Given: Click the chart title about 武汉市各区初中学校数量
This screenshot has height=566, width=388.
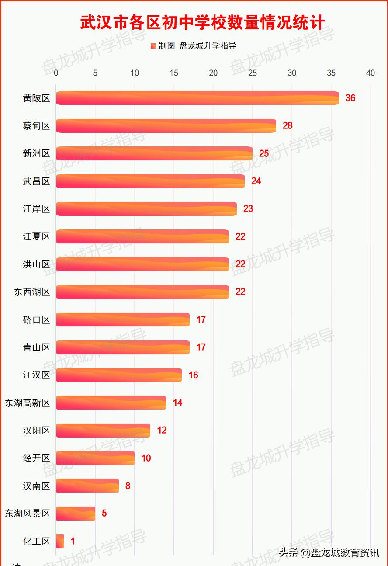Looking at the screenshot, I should (202, 23).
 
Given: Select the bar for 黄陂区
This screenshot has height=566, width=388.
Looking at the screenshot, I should (197, 98).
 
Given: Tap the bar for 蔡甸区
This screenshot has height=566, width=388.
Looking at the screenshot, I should (166, 126).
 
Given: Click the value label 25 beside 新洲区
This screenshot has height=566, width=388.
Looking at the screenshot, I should (264, 153).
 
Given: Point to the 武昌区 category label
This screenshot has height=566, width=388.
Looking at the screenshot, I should (37, 181).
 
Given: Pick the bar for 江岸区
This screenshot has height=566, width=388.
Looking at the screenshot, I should (146, 209).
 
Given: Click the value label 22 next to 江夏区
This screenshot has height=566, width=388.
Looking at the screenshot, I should (240, 236).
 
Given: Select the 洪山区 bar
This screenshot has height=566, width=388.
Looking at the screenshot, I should (142, 264).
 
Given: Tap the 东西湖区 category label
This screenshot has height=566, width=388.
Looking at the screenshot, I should (32, 292).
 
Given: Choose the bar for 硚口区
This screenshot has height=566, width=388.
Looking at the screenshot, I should (123, 319).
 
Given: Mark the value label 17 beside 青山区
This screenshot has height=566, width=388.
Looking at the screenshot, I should (201, 347).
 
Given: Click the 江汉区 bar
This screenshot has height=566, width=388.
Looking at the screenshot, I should (119, 375).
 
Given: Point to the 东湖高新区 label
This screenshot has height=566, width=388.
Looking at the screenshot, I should (28, 403).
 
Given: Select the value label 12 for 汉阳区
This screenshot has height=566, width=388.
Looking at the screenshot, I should (162, 431).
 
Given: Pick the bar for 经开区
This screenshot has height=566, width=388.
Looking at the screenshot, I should (95, 458).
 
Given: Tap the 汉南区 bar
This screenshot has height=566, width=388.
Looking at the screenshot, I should (87, 486).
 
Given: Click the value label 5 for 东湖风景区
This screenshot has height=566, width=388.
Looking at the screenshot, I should (104, 513).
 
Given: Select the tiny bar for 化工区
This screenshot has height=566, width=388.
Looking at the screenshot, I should (60, 541).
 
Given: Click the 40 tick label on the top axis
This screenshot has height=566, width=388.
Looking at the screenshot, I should (371, 73).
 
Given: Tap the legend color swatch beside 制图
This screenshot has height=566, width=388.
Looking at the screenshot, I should (153, 46).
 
